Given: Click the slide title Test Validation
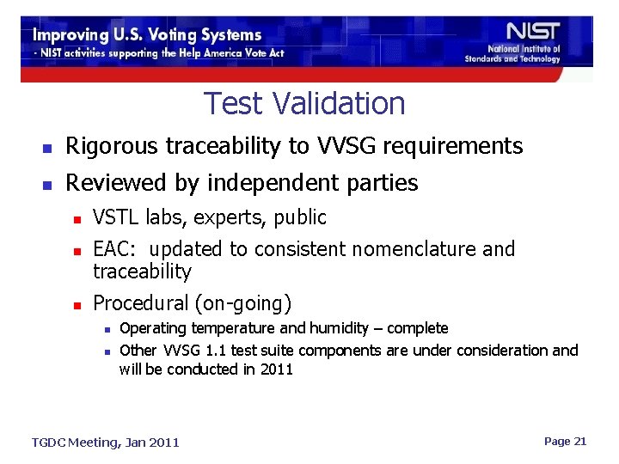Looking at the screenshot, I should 304,104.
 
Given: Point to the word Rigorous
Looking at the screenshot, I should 109,147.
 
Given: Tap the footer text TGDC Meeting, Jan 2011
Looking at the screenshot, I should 105,443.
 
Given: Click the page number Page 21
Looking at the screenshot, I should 565,441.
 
